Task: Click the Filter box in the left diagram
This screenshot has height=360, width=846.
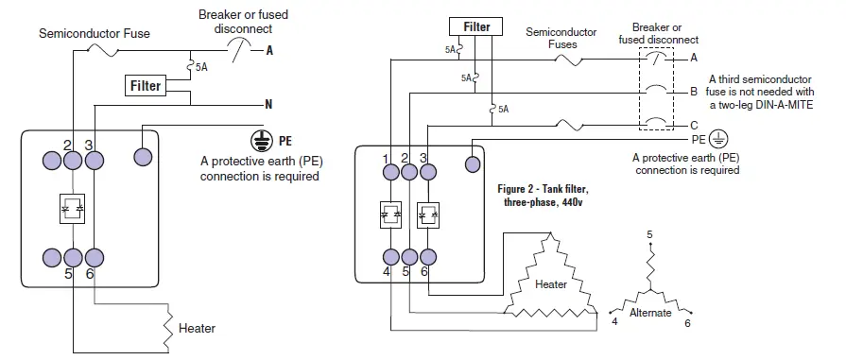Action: coord(145,86)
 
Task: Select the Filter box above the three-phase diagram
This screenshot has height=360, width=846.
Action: coord(476,26)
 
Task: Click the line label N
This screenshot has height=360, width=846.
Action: coord(270,103)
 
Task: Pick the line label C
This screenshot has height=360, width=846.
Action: coord(694,125)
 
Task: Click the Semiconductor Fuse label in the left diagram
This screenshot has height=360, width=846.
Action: coord(94,33)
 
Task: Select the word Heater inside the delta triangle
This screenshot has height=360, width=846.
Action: coord(550,282)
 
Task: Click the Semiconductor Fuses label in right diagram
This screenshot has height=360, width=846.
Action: coord(561,38)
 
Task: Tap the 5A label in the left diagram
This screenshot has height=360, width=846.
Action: coord(202,67)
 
